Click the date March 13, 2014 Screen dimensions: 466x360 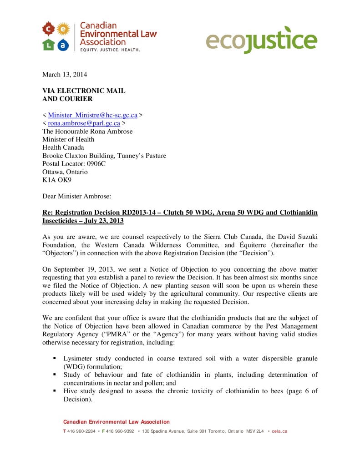(65, 74)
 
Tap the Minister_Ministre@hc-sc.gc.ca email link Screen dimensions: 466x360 (92, 116)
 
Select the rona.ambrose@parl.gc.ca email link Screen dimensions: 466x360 (84, 123)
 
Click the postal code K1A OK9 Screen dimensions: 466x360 (57, 180)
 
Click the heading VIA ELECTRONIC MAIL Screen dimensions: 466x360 (84, 91)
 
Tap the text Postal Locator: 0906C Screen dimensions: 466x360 (74, 163)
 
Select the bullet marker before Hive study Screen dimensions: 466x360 (55, 391)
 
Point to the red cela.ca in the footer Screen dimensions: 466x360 (279, 431)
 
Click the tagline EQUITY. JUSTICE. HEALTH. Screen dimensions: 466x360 (110, 50)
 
